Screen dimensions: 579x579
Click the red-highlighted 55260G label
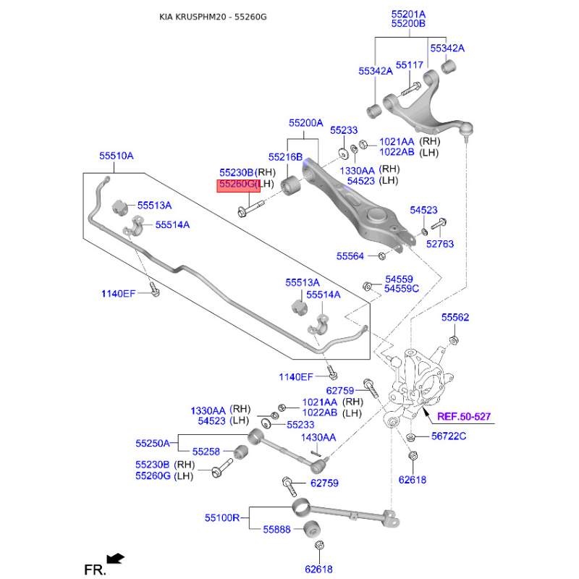pyautogui.click(x=237, y=185)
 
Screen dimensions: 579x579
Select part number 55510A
pyautogui.click(x=117, y=156)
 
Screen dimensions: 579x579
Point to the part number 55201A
pyautogui.click(x=408, y=14)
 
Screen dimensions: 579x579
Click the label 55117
pyautogui.click(x=409, y=65)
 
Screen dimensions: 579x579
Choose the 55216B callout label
pyautogui.click(x=285, y=157)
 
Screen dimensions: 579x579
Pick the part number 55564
pyautogui.click(x=351, y=255)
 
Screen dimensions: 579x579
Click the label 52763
pyautogui.click(x=439, y=244)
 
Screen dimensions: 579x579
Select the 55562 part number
pyautogui.click(x=455, y=317)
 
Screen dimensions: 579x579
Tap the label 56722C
pyautogui.click(x=449, y=436)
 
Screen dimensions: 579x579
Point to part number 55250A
pyautogui.click(x=153, y=442)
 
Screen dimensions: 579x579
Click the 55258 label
pyautogui.click(x=206, y=452)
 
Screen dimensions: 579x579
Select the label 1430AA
pyautogui.click(x=318, y=437)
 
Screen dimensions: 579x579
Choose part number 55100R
pyautogui.click(x=222, y=518)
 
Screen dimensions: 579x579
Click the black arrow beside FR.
pyautogui.click(x=115, y=558)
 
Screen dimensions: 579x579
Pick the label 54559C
pyautogui.click(x=402, y=289)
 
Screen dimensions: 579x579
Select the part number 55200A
pyautogui.click(x=305, y=123)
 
